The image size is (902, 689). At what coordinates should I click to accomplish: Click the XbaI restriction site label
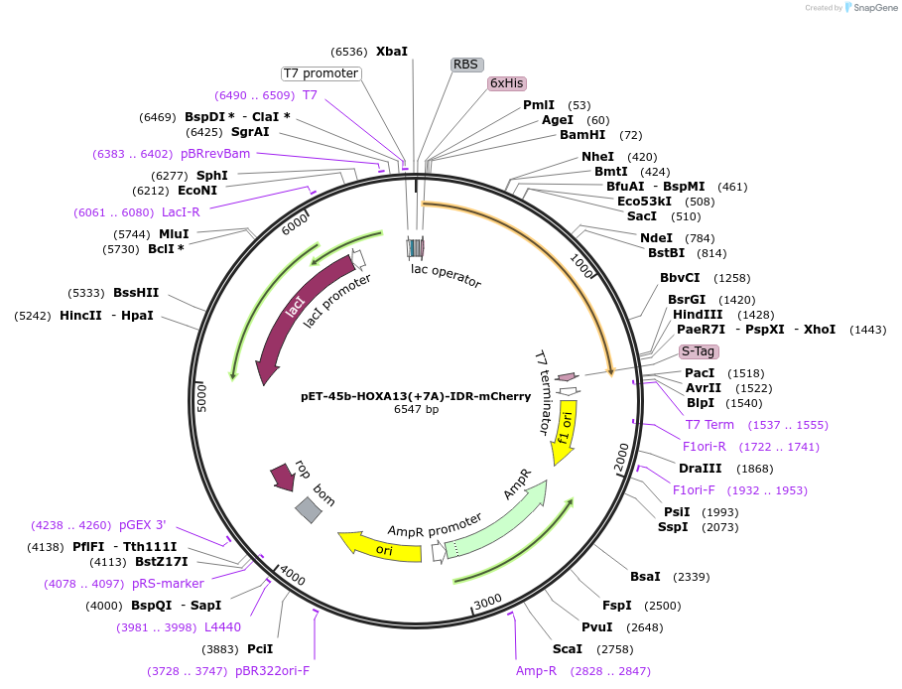click(x=391, y=51)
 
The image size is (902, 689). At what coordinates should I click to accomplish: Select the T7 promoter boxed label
click(x=321, y=73)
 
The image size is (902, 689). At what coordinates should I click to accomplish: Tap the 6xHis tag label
click(x=506, y=83)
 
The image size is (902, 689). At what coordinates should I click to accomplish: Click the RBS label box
click(x=465, y=65)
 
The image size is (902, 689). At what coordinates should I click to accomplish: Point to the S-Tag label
click(x=698, y=351)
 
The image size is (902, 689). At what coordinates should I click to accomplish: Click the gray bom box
click(x=309, y=510)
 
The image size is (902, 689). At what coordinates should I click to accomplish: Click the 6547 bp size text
click(x=416, y=409)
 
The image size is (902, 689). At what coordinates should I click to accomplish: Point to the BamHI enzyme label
click(x=581, y=135)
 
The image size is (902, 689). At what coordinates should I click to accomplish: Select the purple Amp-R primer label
click(x=536, y=671)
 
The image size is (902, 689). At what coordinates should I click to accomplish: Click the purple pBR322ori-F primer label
click(x=272, y=671)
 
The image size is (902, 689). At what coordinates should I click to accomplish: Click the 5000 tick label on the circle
click(x=201, y=398)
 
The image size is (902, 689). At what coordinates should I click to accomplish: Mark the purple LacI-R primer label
click(x=181, y=212)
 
